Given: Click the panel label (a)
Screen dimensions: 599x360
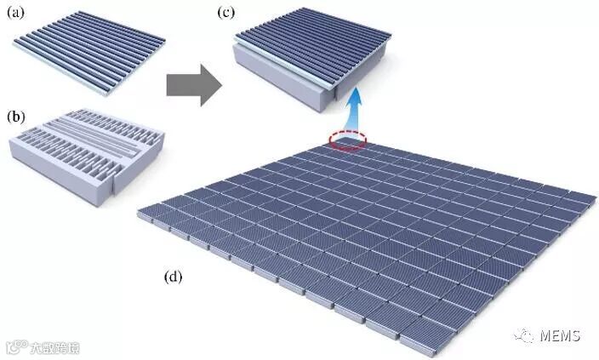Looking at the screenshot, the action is click(17, 15).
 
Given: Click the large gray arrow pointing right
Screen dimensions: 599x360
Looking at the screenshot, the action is click(192, 88).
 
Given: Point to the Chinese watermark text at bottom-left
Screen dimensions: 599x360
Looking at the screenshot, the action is click(55, 347).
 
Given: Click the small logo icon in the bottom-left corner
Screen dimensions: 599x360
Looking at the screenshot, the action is click(14, 347).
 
